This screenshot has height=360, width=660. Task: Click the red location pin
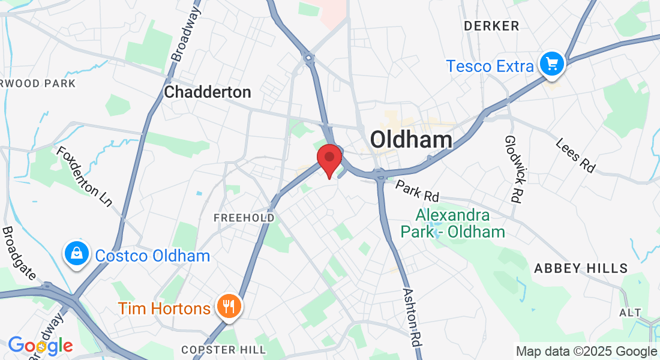pos(329,159)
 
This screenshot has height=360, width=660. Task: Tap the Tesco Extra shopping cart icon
pos(551,64)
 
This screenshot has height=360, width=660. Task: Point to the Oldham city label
pos(411,140)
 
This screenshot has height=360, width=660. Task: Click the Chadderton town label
pos(208,92)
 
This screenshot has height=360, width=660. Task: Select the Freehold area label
pos(244,217)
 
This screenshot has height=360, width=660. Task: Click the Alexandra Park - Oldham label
pos(453,223)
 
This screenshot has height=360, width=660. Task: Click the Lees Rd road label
pos(575,155)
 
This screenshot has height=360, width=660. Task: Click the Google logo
pos(40,346)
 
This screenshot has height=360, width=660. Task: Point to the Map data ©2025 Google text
pos(586,351)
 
